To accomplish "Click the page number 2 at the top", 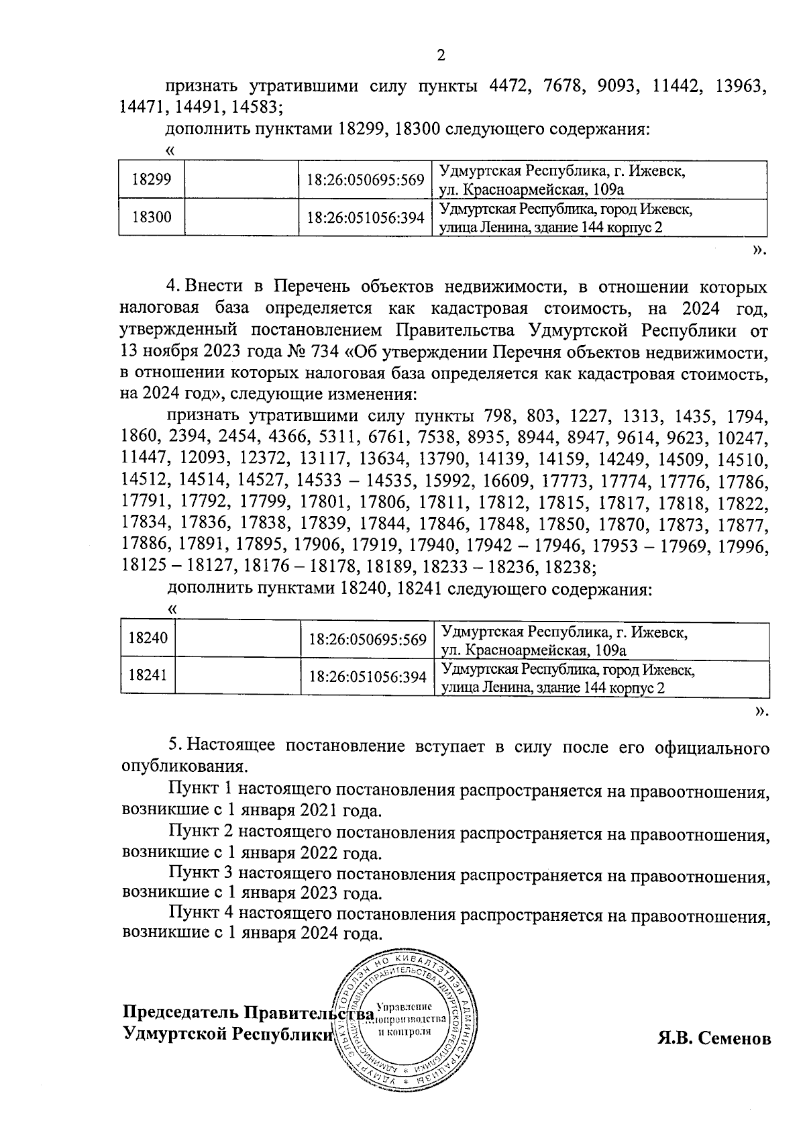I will coord(441,56).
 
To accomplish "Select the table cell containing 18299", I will coord(152,179).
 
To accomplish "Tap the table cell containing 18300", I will coord(152,217).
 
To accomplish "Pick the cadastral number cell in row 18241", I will coord(368,678).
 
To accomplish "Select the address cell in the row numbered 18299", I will coord(599,179).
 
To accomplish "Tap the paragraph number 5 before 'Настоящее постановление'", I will coord(174,746).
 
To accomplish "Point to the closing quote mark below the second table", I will coord(759,711).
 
